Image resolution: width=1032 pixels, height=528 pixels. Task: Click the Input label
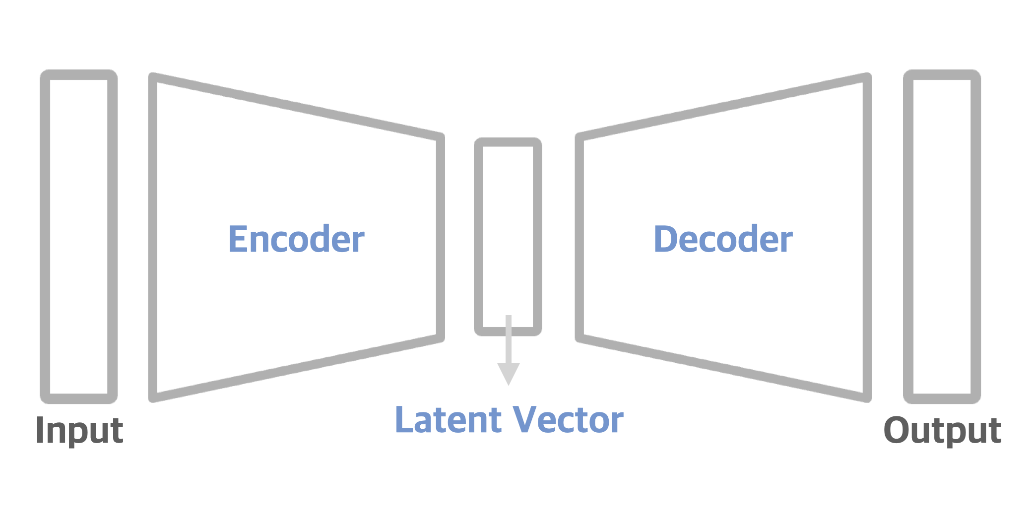tap(79, 430)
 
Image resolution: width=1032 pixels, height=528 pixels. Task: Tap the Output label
tap(942, 430)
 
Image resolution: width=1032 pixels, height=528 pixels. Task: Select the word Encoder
tap(296, 239)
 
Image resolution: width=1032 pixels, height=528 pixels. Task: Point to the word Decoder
tap(723, 239)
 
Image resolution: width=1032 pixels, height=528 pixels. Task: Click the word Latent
tap(448, 420)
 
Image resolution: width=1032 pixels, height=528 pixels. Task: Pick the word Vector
tap(568, 420)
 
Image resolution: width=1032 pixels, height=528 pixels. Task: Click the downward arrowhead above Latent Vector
tap(509, 373)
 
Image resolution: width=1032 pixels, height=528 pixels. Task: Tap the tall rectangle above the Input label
tap(79, 236)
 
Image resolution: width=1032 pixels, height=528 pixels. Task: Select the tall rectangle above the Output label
tap(942, 236)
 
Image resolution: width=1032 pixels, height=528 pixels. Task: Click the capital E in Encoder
tap(238, 239)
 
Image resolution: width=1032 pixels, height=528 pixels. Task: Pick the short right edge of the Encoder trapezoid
tap(440, 237)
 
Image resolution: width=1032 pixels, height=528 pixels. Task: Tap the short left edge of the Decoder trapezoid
tap(580, 237)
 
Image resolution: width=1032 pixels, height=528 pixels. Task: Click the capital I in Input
tap(40, 430)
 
